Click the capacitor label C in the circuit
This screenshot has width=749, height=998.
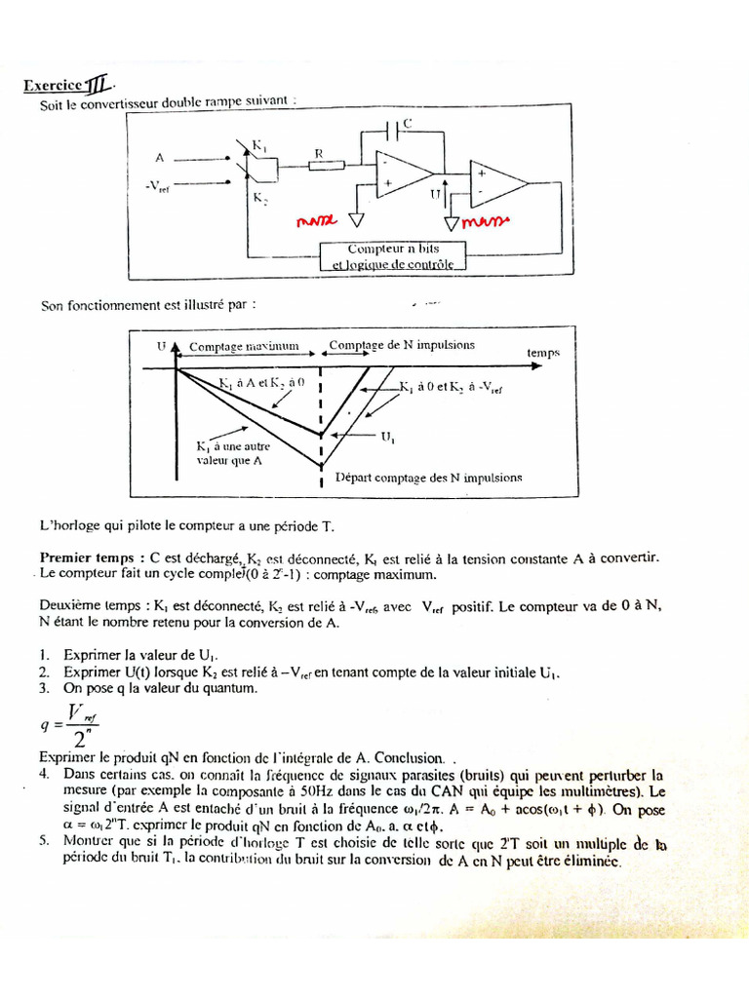click(407, 123)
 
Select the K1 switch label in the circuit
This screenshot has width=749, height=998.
click(259, 145)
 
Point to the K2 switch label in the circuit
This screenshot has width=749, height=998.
click(259, 197)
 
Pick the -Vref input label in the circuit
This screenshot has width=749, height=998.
click(156, 188)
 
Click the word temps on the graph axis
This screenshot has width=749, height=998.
click(543, 353)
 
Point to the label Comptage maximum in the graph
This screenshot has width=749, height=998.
click(243, 346)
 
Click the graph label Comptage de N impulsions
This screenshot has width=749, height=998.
click(402, 345)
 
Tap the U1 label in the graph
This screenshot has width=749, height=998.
click(388, 439)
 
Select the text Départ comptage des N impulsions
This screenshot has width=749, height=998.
click(428, 478)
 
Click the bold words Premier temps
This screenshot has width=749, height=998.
click(80, 557)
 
